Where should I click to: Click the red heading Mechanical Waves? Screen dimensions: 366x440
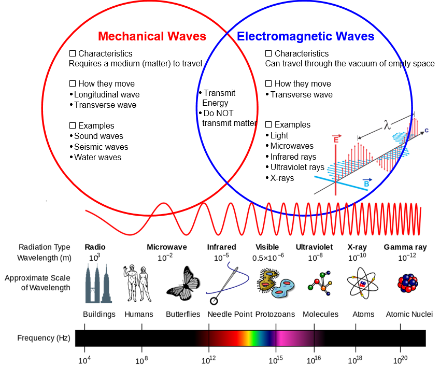(x=152, y=37)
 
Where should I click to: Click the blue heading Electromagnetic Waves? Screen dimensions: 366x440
(x=305, y=37)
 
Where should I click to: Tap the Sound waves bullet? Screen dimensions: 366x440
(x=98, y=136)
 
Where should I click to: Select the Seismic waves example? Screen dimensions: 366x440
(x=101, y=147)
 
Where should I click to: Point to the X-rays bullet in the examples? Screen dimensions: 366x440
(x=282, y=178)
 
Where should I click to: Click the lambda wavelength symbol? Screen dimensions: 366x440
(x=387, y=125)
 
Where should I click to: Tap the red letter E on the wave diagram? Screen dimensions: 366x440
(x=336, y=140)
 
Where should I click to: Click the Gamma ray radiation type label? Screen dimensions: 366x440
(x=405, y=247)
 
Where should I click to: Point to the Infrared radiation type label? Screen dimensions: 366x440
(x=221, y=247)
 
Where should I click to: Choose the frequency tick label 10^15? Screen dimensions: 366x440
(x=275, y=359)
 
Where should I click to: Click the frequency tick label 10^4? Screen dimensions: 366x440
(x=84, y=359)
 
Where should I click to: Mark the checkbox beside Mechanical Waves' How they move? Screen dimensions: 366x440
(x=73, y=83)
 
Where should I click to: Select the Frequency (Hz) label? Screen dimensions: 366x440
(x=44, y=338)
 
